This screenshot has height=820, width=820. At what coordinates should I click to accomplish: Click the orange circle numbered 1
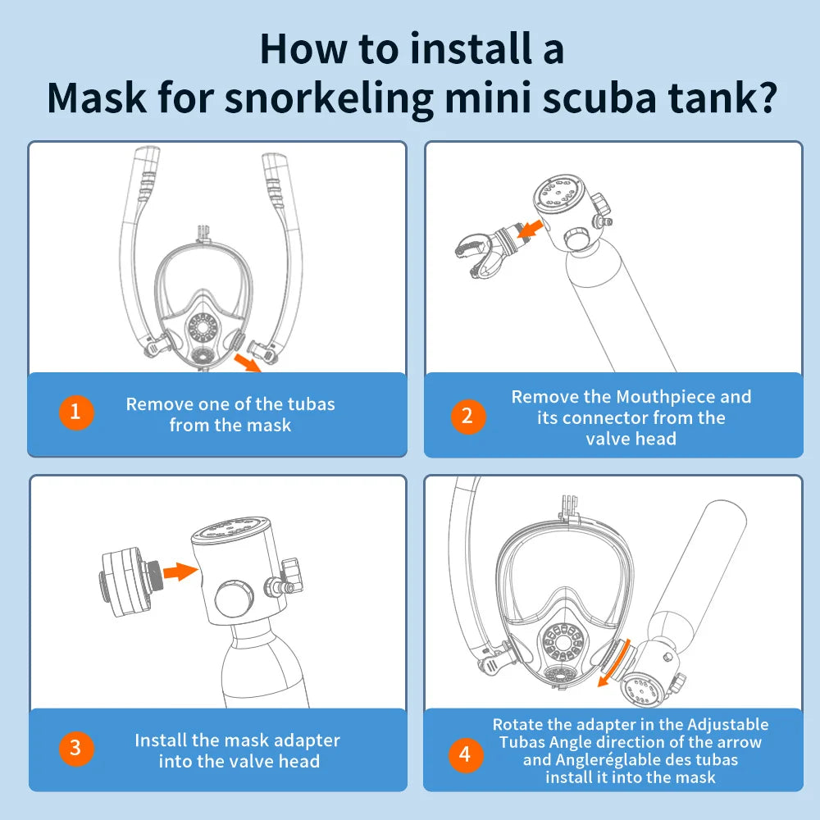pos(75,412)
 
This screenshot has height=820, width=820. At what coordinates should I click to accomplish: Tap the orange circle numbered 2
pos(468,417)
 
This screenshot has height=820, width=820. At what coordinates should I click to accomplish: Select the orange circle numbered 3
pos(75,749)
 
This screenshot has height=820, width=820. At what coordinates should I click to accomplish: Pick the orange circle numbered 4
pos(466,754)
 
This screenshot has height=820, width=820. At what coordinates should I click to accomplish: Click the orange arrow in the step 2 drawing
pos(530,229)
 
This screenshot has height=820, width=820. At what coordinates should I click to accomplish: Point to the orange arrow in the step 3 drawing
pos(180,571)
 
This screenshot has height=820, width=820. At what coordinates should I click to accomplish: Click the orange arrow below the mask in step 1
pos(248,362)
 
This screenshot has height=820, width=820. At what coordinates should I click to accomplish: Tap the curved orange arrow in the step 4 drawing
pos(615,663)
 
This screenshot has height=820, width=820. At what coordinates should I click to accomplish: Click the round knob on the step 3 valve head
pos(234,599)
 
